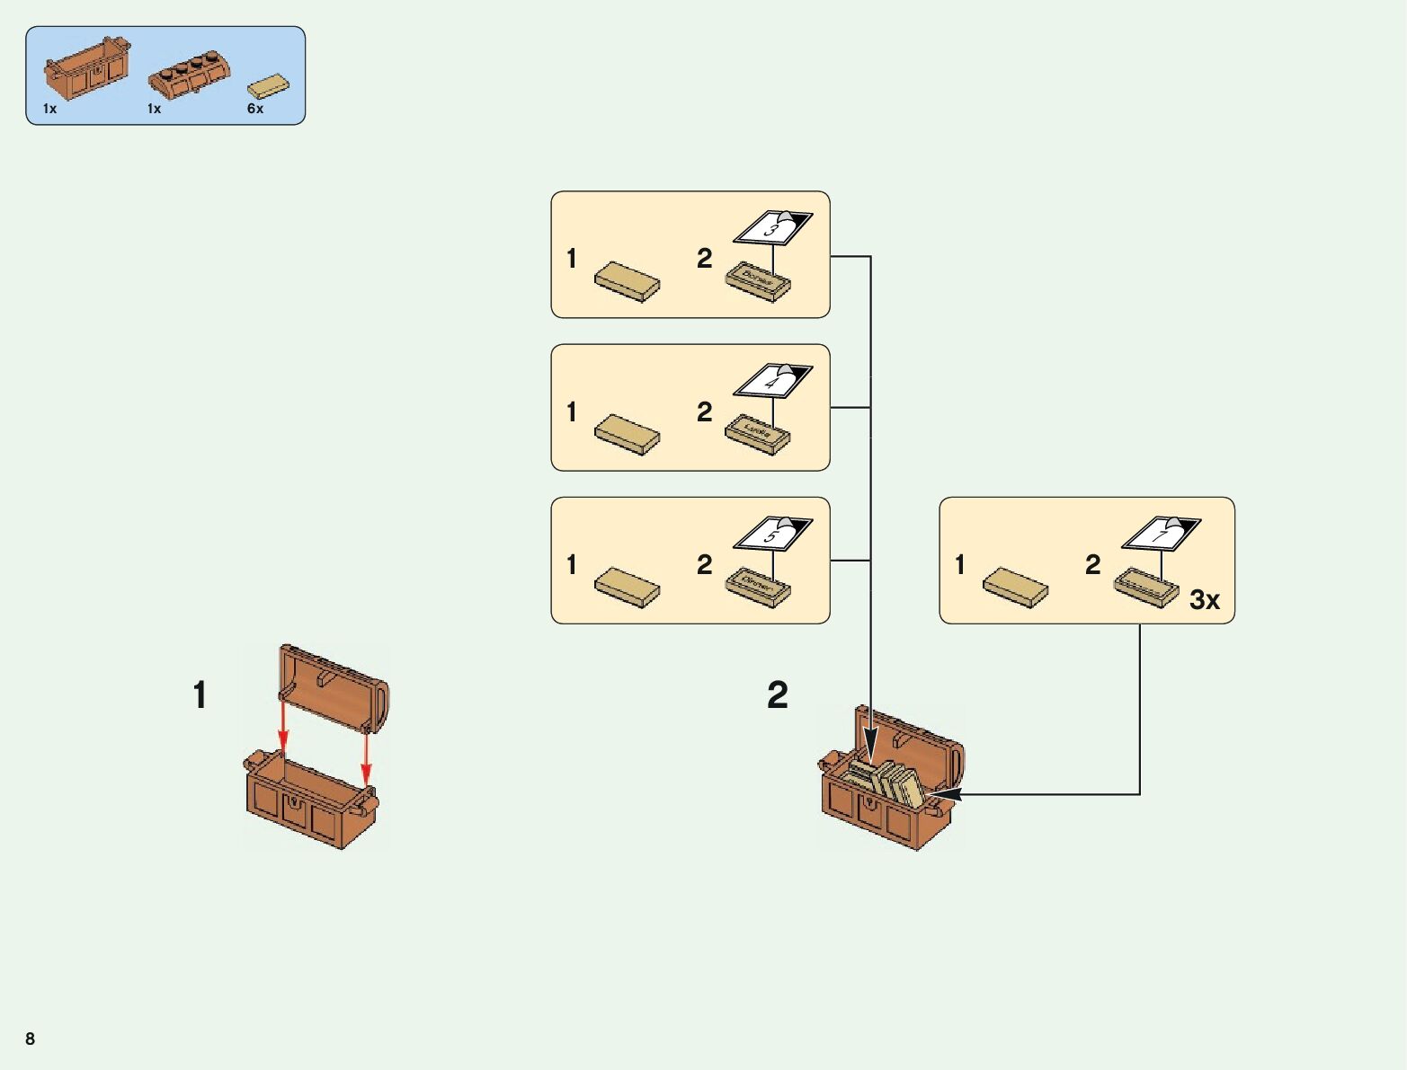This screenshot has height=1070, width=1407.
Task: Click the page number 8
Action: (x=30, y=1039)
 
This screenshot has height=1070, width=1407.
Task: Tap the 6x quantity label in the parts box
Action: (x=255, y=109)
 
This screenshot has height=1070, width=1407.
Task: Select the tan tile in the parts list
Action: (x=269, y=86)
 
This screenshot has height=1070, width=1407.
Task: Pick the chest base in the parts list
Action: (x=86, y=68)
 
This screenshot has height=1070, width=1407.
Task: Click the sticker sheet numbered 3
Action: (x=772, y=227)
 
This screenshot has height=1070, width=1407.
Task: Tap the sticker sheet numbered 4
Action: (x=772, y=380)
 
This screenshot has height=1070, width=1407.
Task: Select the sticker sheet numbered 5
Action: (x=772, y=533)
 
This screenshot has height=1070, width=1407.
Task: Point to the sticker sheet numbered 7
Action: (x=1161, y=534)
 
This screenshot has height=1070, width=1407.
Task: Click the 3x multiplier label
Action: (x=1205, y=599)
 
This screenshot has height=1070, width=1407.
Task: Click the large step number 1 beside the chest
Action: (x=200, y=694)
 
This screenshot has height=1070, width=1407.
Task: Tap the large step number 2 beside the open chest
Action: (x=778, y=694)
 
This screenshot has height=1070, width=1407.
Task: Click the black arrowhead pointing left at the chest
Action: (x=946, y=794)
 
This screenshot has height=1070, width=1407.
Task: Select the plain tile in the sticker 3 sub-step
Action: (x=628, y=282)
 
